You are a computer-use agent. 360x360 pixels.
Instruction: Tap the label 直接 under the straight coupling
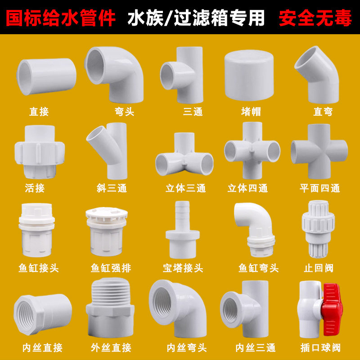pos(39,111)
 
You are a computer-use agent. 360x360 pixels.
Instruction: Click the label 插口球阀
pos(320,347)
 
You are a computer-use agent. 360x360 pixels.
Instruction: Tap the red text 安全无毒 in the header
pos(315,17)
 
